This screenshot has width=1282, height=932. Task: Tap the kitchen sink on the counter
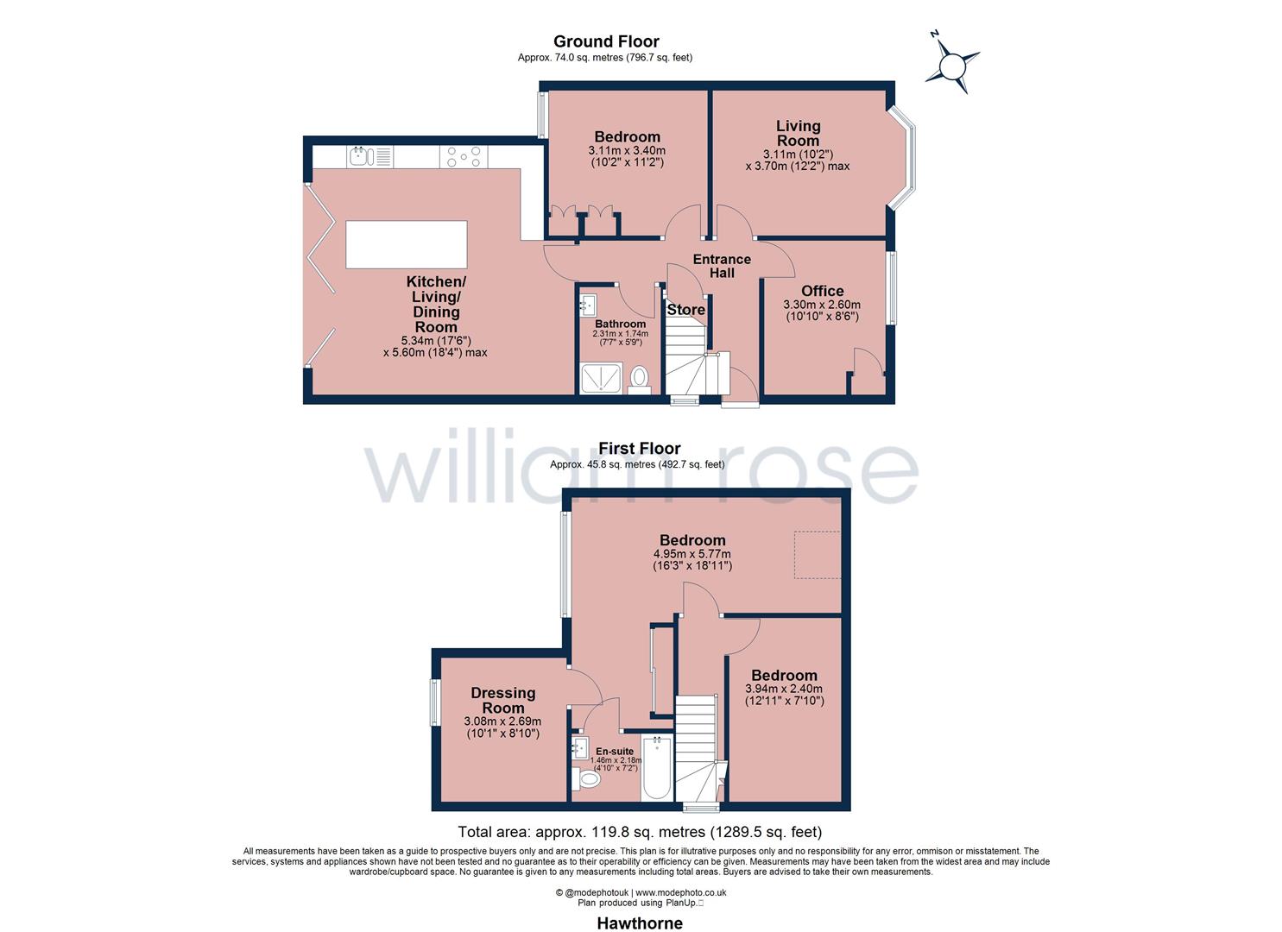point(361,156)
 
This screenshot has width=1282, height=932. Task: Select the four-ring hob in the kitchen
point(464,157)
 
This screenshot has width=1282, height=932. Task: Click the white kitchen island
point(406,244)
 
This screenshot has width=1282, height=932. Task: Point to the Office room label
point(822,291)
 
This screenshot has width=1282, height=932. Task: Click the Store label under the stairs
point(685,310)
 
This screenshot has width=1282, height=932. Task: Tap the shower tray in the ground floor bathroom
point(602,379)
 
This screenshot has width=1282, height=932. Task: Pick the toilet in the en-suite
point(590,778)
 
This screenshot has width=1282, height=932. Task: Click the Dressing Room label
point(502,700)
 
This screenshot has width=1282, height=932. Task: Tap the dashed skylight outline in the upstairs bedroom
point(818,554)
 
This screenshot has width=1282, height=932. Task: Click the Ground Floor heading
point(606,41)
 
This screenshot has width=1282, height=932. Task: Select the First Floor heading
point(640,449)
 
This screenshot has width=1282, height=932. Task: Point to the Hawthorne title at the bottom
point(640,923)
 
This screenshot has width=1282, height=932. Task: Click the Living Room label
point(798,134)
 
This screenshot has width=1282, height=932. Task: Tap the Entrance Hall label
point(722,266)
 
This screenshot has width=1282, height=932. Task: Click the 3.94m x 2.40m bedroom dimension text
point(784,689)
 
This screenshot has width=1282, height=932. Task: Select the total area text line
point(640,833)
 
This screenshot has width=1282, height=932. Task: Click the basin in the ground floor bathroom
point(589,305)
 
